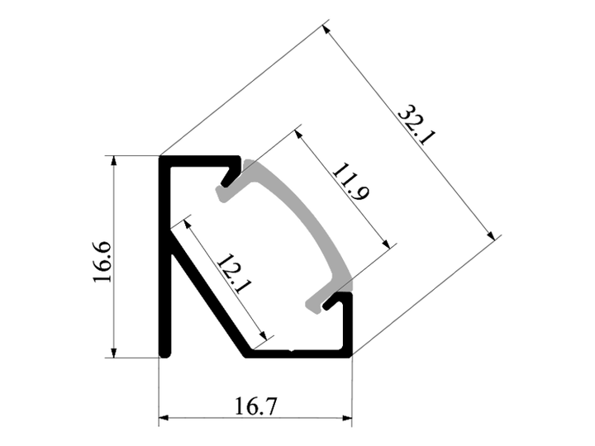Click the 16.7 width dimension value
point(256,406)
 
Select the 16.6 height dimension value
point(102,262)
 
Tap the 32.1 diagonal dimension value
point(416,125)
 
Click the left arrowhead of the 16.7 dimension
point(164,418)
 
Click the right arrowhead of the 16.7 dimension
point(347,418)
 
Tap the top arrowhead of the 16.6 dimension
point(113,160)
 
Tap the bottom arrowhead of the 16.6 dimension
point(113,353)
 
